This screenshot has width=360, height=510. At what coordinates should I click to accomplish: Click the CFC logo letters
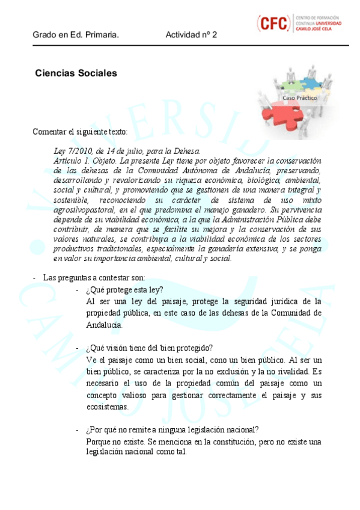click(275, 23)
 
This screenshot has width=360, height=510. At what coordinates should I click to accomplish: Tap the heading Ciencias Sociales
click(76, 73)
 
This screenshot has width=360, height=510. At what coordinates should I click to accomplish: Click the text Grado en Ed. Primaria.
click(76, 35)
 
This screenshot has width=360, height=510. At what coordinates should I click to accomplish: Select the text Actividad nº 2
click(191, 35)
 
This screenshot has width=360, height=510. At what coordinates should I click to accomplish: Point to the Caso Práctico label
click(300, 97)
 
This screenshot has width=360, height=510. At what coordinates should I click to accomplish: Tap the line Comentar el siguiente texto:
click(80, 132)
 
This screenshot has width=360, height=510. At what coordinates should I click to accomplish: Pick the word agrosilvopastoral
click(84, 209)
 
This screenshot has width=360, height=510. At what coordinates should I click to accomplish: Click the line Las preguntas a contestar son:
click(94, 277)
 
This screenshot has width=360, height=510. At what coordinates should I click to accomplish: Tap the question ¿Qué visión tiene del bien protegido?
click(149, 348)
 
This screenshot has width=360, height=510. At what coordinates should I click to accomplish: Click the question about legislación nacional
click(172, 429)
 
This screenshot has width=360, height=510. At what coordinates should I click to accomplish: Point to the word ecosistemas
click(108, 407)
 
